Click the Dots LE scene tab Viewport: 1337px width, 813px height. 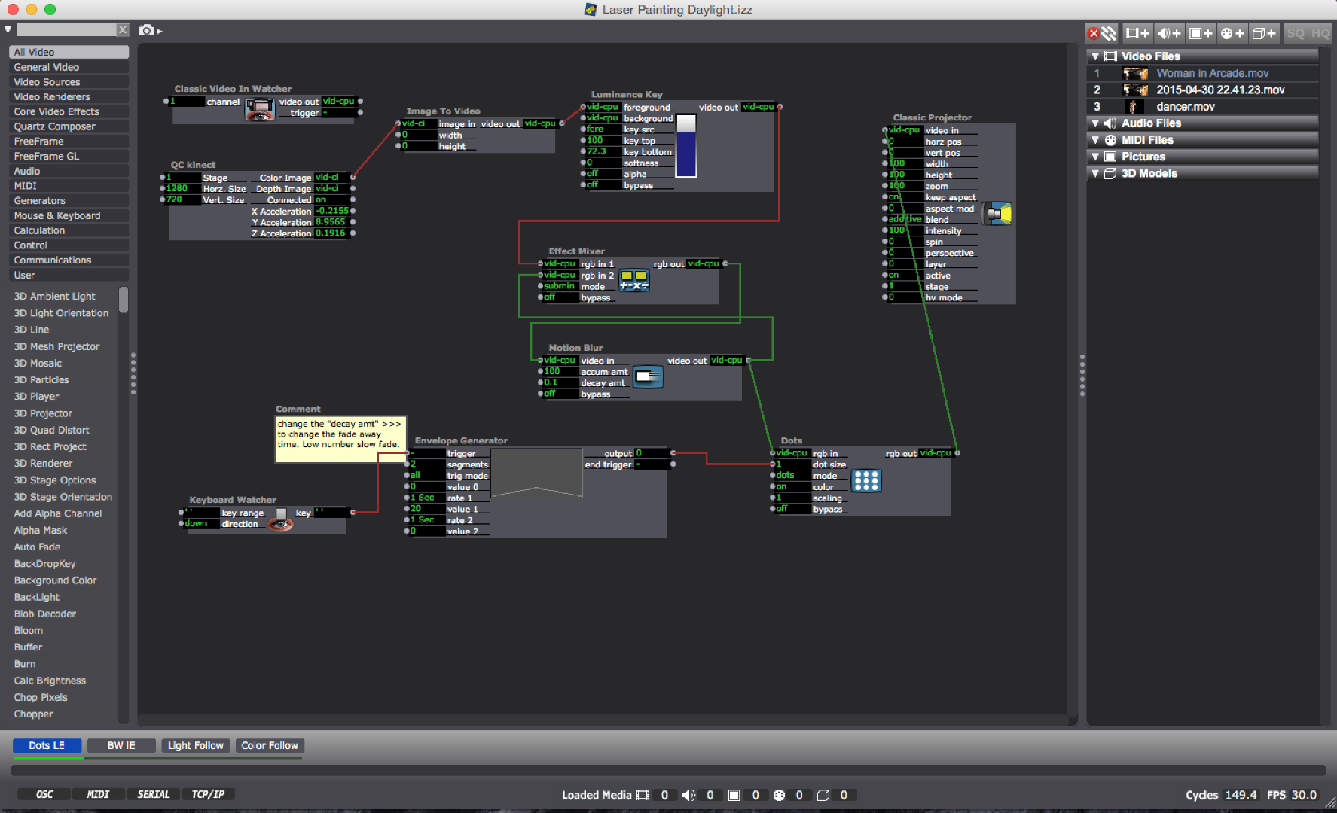pos(47,745)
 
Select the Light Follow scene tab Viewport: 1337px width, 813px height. pos(195,745)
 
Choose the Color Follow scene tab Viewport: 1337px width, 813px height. pos(270,745)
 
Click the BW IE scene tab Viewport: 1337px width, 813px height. pos(121,745)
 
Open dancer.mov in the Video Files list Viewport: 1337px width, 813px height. pos(1185,107)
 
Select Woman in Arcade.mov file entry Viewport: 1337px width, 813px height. pos(1212,73)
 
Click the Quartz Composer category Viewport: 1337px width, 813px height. pos(54,126)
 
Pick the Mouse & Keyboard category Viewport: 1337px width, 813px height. pos(56,215)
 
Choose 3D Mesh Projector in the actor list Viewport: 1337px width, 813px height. pos(56,346)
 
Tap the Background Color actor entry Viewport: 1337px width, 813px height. pos(55,580)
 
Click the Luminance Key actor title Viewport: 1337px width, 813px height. pos(627,94)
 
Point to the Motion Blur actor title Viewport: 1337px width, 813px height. pos(575,348)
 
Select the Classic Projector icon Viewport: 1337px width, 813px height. pos(997,214)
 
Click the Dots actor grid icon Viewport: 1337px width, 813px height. pos(865,480)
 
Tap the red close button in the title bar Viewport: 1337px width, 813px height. pos(12,9)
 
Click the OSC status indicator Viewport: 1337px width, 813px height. pos(44,794)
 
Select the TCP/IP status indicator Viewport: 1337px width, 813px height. pos(208,794)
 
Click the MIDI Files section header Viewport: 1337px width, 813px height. pos(1146,140)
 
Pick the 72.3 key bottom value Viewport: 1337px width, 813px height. pos(597,151)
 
